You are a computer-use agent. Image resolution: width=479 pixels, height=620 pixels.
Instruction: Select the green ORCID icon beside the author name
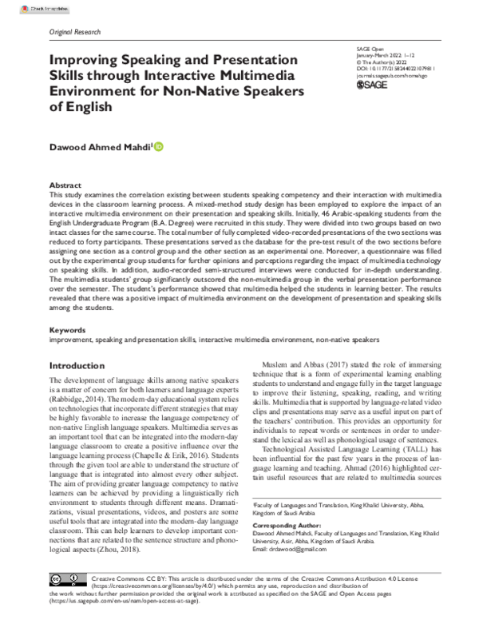[x=159, y=145]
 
